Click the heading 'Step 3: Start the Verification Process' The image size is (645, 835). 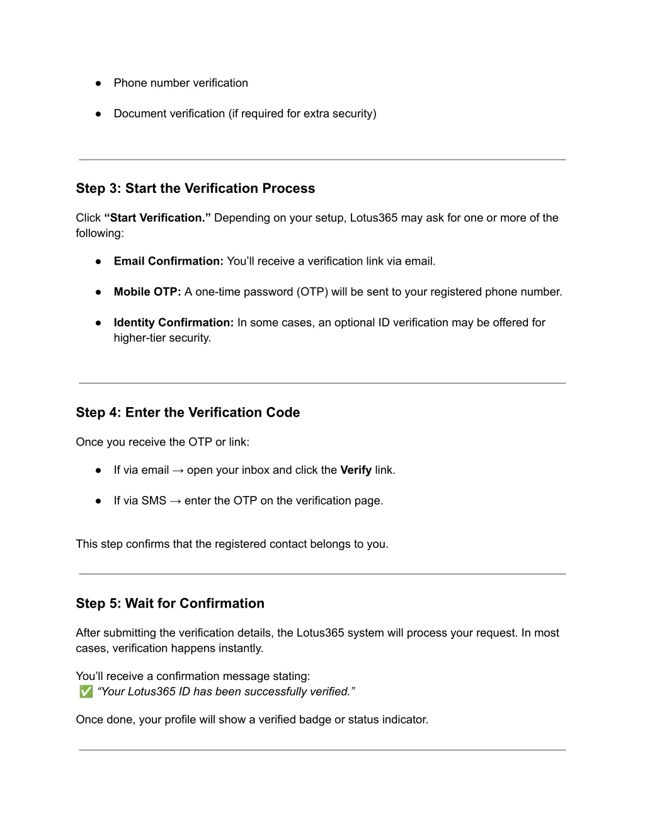click(x=195, y=188)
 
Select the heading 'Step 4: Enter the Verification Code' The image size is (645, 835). click(x=188, y=413)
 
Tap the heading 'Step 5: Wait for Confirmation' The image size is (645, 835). click(x=170, y=604)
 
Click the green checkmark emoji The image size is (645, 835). click(x=86, y=692)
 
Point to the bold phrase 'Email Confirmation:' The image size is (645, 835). click(x=168, y=262)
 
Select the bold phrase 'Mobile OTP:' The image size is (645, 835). click(x=147, y=292)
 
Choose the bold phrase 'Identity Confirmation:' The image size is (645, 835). click(x=173, y=323)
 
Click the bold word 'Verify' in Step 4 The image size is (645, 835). click(x=356, y=470)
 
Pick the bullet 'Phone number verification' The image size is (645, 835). click(x=181, y=83)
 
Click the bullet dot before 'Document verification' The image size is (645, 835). click(x=99, y=114)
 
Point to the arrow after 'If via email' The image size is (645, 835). click(x=178, y=470)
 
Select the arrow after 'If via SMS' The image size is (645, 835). click(x=175, y=501)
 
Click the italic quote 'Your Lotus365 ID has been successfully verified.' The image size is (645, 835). click(x=226, y=692)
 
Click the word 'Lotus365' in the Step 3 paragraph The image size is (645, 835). click(x=374, y=218)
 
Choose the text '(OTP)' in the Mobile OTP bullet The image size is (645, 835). click(x=312, y=292)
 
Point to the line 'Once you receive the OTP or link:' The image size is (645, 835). click(x=163, y=442)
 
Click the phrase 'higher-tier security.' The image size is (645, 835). click(x=163, y=338)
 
